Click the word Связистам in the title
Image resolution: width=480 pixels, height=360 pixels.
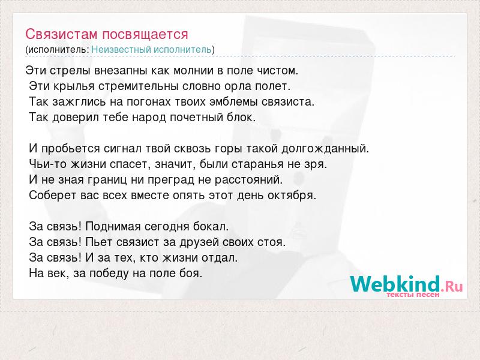(x=62, y=34)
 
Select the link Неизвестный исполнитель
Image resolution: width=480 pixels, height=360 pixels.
(x=152, y=49)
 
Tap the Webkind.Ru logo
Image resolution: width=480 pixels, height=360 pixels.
(x=407, y=283)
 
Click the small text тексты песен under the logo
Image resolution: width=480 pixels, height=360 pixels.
(x=413, y=295)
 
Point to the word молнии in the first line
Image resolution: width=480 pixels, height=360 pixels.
(x=193, y=71)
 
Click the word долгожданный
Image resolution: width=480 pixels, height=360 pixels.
(x=325, y=149)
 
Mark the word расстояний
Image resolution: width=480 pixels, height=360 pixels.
(x=248, y=180)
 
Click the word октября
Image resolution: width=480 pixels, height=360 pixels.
(x=292, y=196)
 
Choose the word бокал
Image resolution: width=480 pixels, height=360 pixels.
(x=211, y=227)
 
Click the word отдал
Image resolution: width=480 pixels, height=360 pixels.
(x=220, y=258)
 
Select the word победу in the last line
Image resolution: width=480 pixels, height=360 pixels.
(x=109, y=274)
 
